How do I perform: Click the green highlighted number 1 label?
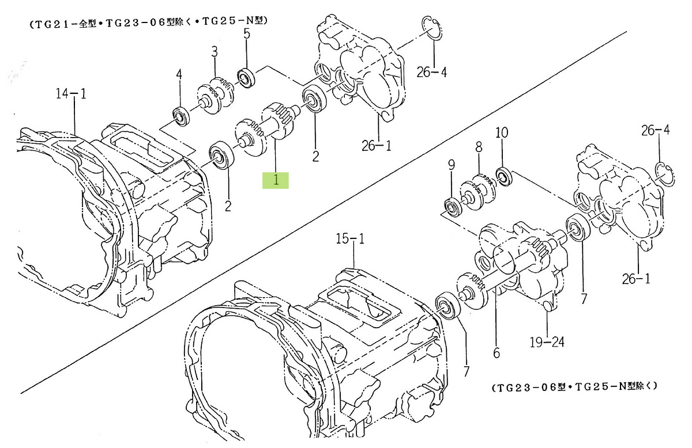pyautogui.click(x=276, y=180)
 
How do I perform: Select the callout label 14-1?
pyautogui.click(x=71, y=93)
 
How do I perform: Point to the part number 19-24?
pyautogui.click(x=546, y=343)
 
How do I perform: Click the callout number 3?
pyautogui.click(x=214, y=52)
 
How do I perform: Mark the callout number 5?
pyautogui.click(x=246, y=34)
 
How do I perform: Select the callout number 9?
pyautogui.click(x=451, y=167)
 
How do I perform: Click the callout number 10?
pyautogui.click(x=502, y=132)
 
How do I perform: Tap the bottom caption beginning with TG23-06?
pyautogui.click(x=574, y=388)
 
